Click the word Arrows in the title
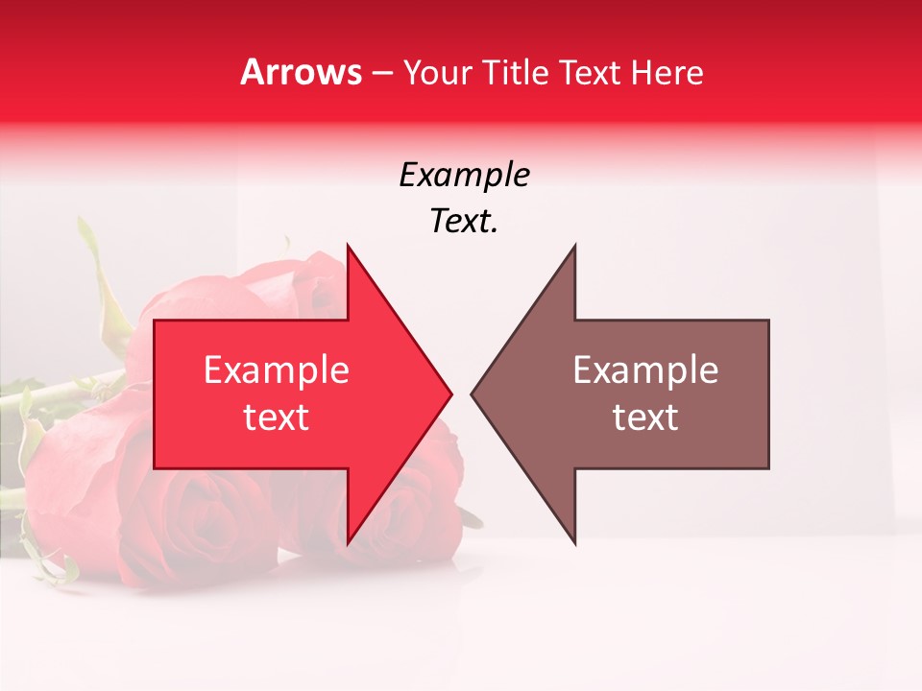click(302, 72)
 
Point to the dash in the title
click(382, 74)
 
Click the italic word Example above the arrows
click(464, 175)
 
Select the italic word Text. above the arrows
click(464, 222)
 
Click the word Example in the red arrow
click(277, 370)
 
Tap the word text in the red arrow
click(277, 417)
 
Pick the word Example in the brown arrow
click(645, 370)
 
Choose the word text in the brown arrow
click(645, 417)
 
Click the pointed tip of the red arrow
click(449, 393)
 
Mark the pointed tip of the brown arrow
click(473, 393)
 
